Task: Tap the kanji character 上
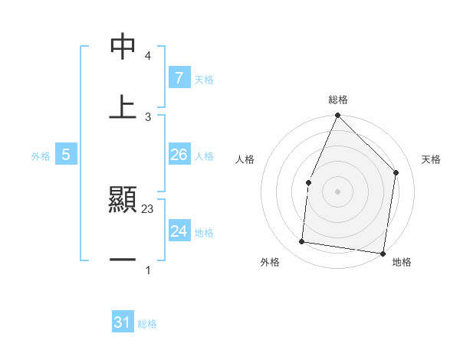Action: coord(123,107)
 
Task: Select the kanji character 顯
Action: coord(123,199)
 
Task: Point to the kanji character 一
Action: coord(123,260)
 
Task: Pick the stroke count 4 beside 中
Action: coord(148,56)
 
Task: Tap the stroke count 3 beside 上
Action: coord(148,117)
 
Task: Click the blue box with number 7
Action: coord(179,77)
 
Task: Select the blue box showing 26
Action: coord(179,155)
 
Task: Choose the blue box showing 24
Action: coord(179,231)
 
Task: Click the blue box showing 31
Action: coord(123,322)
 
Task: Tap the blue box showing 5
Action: coord(66,155)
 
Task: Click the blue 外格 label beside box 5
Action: coord(41,156)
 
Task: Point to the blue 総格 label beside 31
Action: coord(147,324)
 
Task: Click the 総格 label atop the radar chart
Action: coord(337,100)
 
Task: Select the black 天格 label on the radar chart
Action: coord(432,159)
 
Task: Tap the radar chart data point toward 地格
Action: coord(382,254)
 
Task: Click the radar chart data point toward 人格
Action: coord(308,182)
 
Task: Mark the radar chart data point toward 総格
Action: coord(337,116)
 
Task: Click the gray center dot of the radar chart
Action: coord(337,191)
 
